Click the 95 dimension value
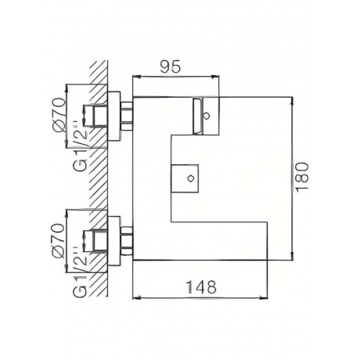(170, 67)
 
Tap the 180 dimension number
(302, 177)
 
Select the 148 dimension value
(200, 287)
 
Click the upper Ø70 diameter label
(58, 113)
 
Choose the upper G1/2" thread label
(80, 146)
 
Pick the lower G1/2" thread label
(80, 272)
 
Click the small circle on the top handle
(206, 116)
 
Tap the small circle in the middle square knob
(191, 178)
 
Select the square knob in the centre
(185, 178)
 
